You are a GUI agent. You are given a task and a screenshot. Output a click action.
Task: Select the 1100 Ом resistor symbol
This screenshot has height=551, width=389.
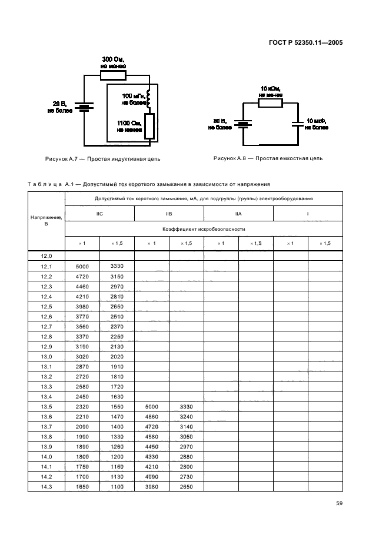click(x=149, y=127)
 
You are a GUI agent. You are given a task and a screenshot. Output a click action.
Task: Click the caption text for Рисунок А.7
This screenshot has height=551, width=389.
click(x=102, y=159)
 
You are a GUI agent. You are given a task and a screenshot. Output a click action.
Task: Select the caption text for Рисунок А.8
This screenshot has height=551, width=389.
click(x=268, y=158)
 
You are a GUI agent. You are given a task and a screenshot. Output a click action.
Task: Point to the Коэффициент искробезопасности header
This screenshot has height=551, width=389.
click(x=203, y=228)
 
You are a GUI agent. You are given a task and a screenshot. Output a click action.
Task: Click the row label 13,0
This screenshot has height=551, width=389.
click(x=46, y=357)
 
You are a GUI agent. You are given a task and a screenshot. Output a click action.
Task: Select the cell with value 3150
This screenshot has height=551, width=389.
click(x=117, y=276)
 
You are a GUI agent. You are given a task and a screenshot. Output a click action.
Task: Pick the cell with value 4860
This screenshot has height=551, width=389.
click(x=152, y=417)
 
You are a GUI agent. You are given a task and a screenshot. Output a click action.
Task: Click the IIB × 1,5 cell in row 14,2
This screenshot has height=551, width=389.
click(x=187, y=477)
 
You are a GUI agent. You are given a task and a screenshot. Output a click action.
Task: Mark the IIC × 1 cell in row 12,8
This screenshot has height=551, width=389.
click(x=82, y=337)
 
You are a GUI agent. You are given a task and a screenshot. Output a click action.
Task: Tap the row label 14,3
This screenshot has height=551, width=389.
click(x=46, y=487)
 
